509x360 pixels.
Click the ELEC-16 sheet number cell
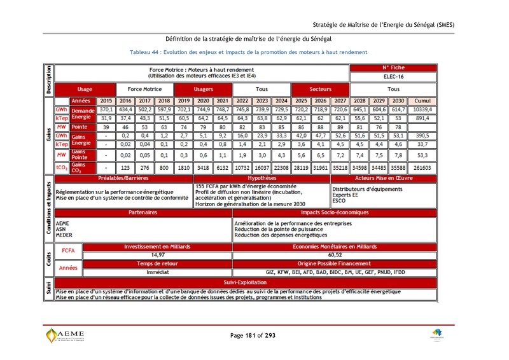click(x=393, y=76)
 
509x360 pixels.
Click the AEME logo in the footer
click(x=66, y=336)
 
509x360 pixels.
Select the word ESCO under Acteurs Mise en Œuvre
click(x=339, y=200)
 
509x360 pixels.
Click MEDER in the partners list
click(x=64, y=235)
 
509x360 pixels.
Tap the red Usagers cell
click(x=203, y=90)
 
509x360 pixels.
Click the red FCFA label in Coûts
click(x=68, y=251)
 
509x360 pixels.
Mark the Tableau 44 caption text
click(x=248, y=52)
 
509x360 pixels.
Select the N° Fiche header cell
click(x=393, y=67)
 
